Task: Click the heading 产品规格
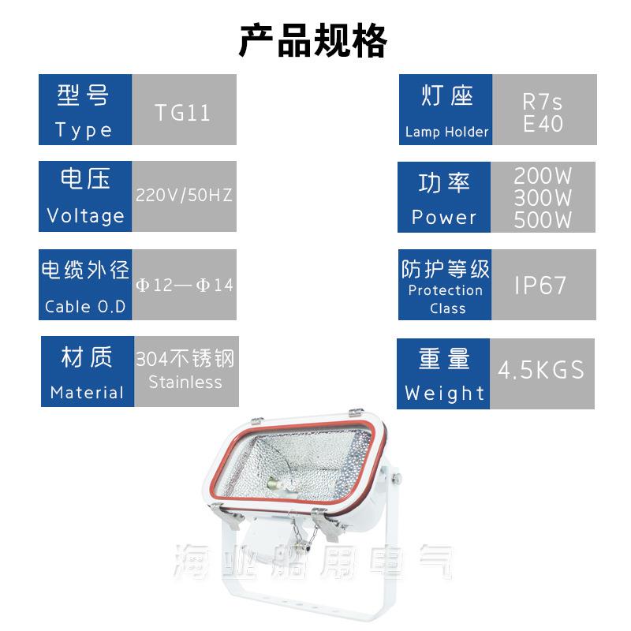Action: point(313,40)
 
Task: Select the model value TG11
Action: point(183,112)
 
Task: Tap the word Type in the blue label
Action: point(84,130)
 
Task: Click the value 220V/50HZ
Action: point(185,195)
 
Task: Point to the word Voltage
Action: point(85,215)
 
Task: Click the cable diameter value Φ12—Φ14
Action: point(185,285)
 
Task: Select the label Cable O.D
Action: point(85,307)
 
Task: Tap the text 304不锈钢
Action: point(185,360)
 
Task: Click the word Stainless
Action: point(185,383)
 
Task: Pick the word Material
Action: point(87,392)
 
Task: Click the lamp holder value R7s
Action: point(543,103)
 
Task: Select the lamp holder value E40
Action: point(543,124)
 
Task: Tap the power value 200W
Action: point(543,175)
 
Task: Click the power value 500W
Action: point(543,220)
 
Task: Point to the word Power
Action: point(444,217)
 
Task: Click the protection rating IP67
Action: point(541,286)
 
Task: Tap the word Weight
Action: point(445,393)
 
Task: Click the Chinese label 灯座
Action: point(446,97)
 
